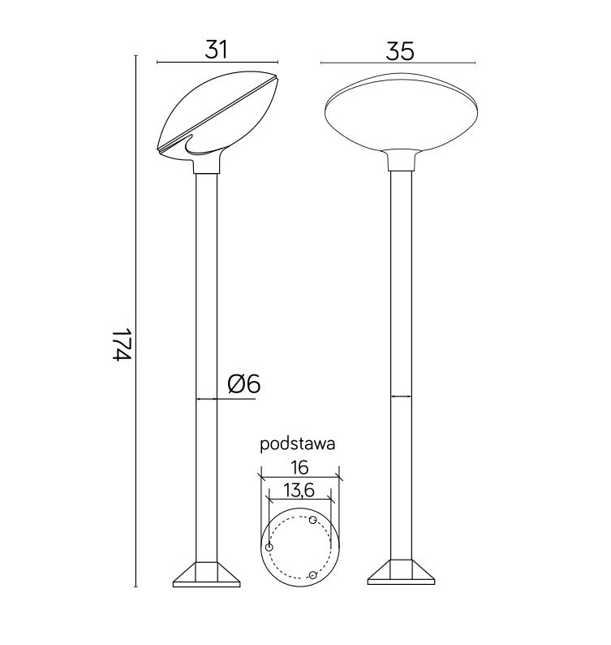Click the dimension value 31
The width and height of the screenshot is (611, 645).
point(216,50)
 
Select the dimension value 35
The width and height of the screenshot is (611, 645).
point(399,50)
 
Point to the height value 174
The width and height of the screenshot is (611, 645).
point(121,346)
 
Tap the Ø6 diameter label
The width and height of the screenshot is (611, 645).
point(243,384)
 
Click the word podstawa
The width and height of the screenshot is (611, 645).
point(298,444)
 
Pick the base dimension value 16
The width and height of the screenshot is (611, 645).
point(299,467)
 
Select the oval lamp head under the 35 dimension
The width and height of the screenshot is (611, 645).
point(399,114)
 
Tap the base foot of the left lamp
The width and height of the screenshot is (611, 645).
point(208,574)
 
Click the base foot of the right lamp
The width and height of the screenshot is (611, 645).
point(400,574)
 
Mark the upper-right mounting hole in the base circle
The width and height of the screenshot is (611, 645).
point(314,519)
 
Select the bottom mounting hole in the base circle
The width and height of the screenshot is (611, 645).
point(312,575)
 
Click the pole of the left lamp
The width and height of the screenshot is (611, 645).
point(206,325)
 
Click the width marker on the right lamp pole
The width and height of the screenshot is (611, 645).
point(400,396)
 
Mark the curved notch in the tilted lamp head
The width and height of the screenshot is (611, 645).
point(199,147)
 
